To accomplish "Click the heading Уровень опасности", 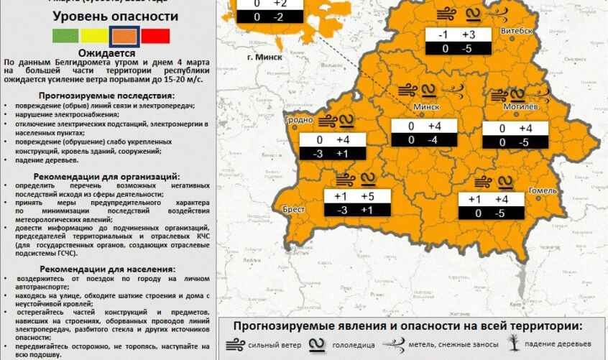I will [105, 16].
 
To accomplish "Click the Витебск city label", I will [517, 32].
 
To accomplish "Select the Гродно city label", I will [299, 120].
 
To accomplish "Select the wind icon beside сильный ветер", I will [235, 344].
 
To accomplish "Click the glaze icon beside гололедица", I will [316, 344].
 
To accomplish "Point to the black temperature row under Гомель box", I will [492, 213].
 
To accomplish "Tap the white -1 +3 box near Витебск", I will [458, 35].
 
